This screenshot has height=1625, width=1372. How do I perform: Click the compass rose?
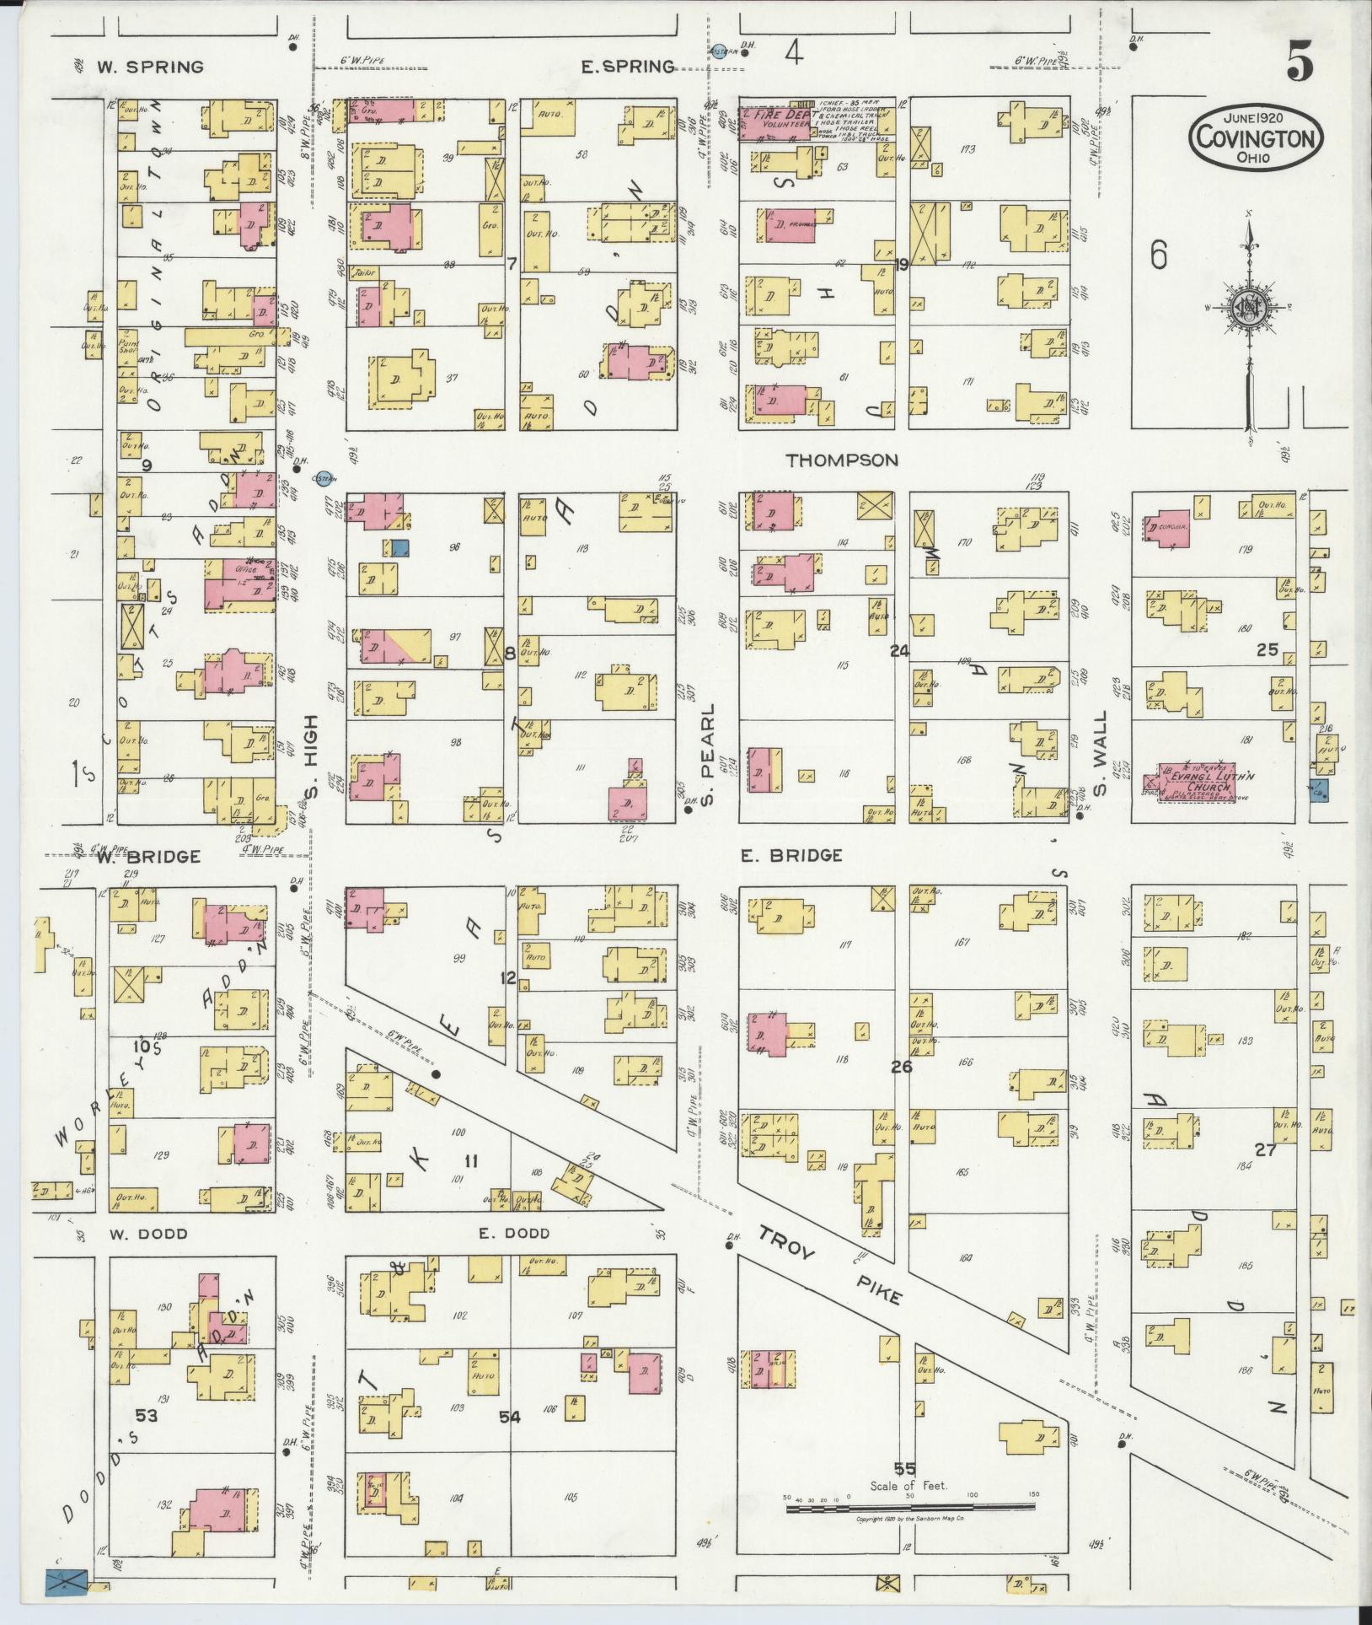tap(1246, 309)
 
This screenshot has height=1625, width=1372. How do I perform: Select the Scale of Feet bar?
tap(910, 1505)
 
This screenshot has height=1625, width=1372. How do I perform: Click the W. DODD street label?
tap(148, 1234)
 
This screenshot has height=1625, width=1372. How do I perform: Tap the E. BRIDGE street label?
tap(791, 856)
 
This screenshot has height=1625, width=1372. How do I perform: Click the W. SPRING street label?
tap(150, 67)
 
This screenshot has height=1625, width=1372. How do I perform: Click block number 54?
tap(509, 1418)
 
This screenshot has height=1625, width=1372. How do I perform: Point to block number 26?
tap(902, 1067)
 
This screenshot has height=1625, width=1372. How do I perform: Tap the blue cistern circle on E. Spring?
tap(719, 51)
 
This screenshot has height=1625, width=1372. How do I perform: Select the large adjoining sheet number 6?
tap(1159, 255)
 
